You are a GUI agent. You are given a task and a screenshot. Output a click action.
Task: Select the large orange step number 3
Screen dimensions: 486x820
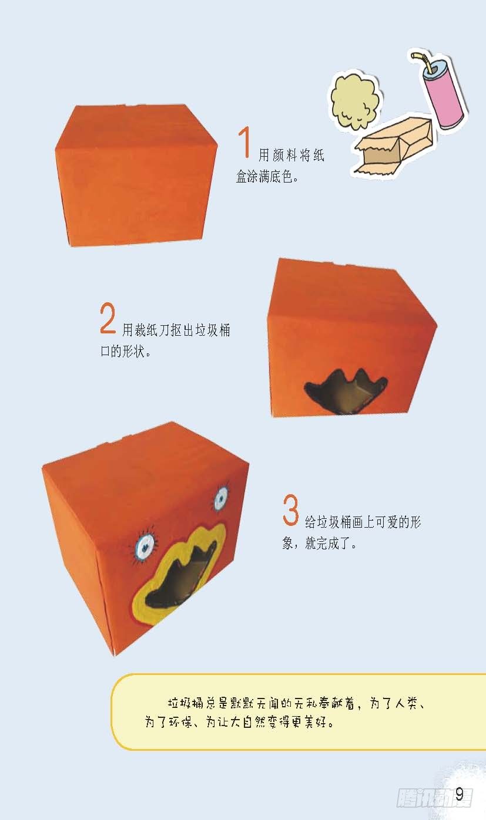(290, 510)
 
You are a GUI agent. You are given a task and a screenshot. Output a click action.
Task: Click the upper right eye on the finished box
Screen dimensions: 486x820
(221, 498)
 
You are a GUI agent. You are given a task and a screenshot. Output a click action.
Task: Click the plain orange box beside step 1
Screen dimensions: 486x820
(136, 175)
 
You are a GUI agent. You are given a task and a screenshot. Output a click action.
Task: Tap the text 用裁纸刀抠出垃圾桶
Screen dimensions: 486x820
(176, 330)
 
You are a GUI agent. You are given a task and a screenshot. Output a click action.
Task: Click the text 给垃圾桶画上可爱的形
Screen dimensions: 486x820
(363, 522)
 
